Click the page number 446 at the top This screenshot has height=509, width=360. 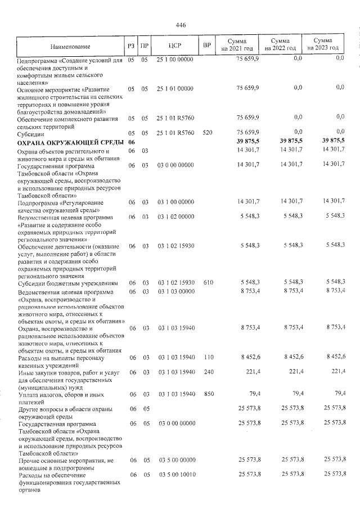(181, 25)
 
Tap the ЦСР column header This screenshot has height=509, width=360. (174, 46)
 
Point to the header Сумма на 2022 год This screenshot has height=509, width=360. (280, 45)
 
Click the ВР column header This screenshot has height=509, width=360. (207, 46)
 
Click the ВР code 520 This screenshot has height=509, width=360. (207, 133)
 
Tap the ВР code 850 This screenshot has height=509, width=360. (207, 394)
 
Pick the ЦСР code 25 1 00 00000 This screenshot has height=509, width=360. (175, 59)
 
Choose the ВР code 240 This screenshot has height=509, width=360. (207, 372)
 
